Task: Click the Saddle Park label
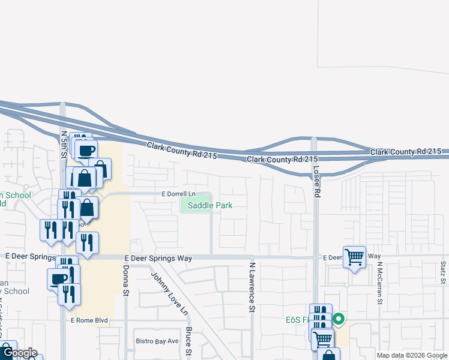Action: [x=210, y=205]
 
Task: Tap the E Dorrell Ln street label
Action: [x=179, y=194]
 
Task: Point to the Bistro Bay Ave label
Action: [x=157, y=341]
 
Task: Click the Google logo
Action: [x=20, y=353]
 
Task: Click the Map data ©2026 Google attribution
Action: [x=412, y=355]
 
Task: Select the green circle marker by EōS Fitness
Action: [x=339, y=319]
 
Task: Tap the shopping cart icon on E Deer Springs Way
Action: [x=354, y=257]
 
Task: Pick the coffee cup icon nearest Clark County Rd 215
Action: [x=87, y=149]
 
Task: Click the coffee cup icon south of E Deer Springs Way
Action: [x=59, y=278]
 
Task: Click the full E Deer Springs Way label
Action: [x=158, y=258]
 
